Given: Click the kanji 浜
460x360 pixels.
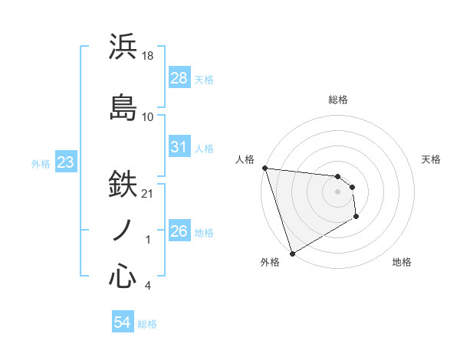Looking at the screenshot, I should pos(123,47).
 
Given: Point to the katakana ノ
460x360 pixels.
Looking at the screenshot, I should pos(123,230).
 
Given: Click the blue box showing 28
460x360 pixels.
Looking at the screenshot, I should pos(179,77).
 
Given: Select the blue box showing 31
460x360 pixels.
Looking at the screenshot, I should pos(179,146).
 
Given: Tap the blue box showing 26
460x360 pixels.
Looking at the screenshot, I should pos(179,231).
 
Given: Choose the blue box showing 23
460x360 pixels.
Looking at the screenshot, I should pos(65,162).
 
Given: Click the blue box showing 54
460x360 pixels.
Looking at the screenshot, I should pos(123,322).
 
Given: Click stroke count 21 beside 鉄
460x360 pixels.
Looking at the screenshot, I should pos(148,193).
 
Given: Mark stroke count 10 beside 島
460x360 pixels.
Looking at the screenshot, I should pos(148,117).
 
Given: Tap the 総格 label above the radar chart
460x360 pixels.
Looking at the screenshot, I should pos(338,100).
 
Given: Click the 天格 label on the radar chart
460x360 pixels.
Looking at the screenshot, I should pos(432,159).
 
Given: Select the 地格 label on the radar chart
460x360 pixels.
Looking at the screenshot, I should pos(402,262).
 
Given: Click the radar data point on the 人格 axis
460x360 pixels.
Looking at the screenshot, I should pos(264,168).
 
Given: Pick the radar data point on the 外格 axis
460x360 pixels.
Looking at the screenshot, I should pos(292,253).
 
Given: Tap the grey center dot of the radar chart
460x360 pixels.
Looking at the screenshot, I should pos(338,191).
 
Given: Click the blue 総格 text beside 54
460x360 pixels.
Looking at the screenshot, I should pos(147,324).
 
